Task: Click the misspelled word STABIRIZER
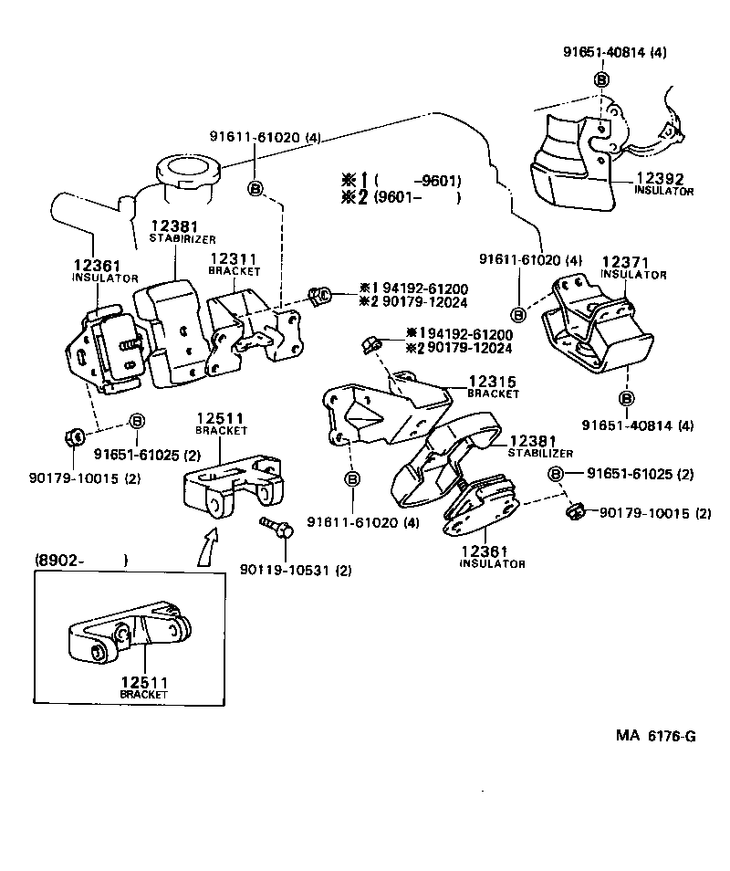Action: [182, 238]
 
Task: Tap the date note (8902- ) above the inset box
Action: [80, 560]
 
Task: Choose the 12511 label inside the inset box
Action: [142, 681]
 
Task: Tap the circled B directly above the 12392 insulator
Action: [601, 79]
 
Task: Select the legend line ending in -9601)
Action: [401, 180]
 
